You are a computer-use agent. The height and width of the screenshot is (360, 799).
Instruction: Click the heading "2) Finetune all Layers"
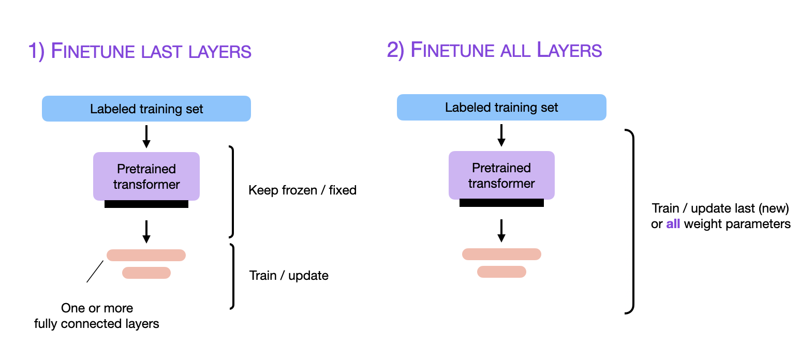click(494, 50)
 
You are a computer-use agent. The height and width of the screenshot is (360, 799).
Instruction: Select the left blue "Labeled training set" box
click(146, 109)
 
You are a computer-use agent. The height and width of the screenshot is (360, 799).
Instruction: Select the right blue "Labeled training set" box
click(501, 108)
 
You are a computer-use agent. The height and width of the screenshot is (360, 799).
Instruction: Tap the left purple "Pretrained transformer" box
click(146, 176)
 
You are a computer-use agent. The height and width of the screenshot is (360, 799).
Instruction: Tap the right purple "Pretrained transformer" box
click(501, 175)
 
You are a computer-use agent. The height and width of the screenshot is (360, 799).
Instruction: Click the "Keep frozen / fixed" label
click(302, 190)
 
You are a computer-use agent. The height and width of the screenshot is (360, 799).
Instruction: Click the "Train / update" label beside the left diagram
click(289, 275)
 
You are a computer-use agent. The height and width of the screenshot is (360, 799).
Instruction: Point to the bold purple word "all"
click(673, 224)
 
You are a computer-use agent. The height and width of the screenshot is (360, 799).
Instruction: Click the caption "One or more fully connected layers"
click(97, 316)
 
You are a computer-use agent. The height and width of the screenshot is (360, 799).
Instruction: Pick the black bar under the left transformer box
click(146, 204)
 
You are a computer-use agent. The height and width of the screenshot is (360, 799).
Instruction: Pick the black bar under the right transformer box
click(501, 203)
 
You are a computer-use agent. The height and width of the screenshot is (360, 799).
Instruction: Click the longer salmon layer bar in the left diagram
click(146, 255)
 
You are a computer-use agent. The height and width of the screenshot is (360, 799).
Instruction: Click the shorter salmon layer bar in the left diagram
click(146, 273)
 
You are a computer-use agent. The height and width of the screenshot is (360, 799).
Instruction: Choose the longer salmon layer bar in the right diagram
click(501, 254)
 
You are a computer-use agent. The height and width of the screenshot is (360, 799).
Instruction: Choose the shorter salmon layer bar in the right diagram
click(501, 272)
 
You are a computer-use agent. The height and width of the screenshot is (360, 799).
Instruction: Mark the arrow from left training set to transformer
click(146, 136)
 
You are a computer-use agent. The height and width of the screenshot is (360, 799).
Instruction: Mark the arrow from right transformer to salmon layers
click(501, 230)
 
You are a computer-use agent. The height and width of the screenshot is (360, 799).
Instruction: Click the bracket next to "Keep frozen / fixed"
click(232, 191)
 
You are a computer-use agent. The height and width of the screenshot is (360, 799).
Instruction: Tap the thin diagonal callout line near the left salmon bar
click(95, 272)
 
